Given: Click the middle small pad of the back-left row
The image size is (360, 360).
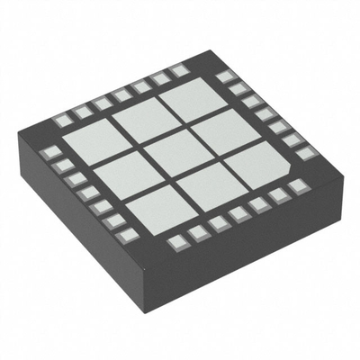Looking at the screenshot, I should click(121, 95).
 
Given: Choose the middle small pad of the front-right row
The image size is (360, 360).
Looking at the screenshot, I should click(238, 214).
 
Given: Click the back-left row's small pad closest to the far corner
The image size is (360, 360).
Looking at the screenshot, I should click(180, 75).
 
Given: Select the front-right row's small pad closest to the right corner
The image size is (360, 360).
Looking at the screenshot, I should click(298, 185).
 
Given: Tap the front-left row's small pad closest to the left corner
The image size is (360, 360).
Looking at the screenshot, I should click(53, 151).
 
